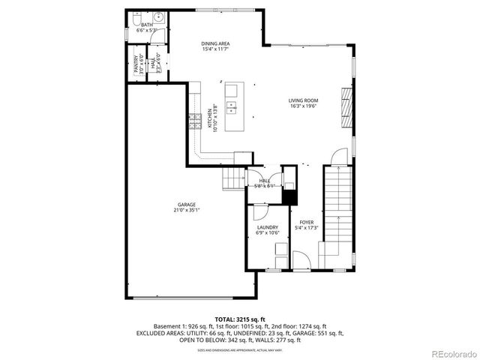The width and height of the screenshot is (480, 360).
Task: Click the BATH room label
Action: point(147,25)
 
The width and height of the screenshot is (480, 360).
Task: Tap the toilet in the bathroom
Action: point(137,19)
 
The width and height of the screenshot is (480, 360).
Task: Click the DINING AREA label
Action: point(215,43)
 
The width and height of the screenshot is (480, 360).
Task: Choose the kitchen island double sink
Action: point(232,109)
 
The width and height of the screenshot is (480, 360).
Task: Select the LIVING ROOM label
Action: point(304,100)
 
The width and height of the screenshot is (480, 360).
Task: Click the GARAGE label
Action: point(187,205)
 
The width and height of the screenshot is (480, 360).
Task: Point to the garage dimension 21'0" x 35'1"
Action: point(187,210)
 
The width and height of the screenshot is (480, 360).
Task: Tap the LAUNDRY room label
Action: point(268,227)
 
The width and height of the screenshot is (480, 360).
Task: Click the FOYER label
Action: point(306,223)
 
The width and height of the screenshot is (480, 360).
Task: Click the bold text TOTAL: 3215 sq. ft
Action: point(239,319)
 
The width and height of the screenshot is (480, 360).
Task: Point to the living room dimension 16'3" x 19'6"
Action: point(304,106)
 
